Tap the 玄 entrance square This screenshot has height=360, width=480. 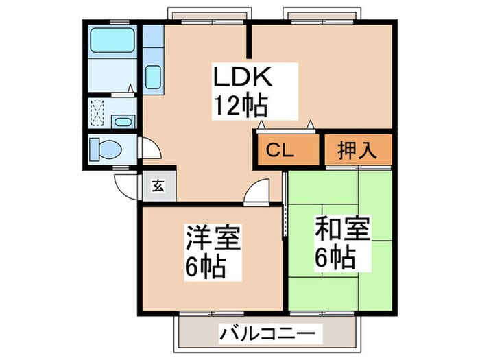(158, 184)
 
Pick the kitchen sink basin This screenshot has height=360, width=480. (153, 75)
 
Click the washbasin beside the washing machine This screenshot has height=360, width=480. (124, 123)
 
